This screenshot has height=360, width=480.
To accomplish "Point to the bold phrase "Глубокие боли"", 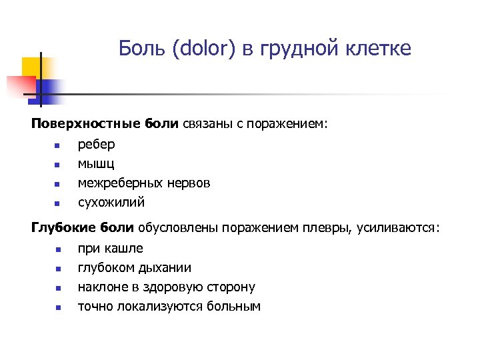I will (83, 229).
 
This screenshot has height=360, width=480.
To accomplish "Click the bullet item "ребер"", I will (96, 144).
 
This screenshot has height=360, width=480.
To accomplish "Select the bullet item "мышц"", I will (96, 163).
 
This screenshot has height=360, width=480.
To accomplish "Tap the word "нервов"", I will (189, 183).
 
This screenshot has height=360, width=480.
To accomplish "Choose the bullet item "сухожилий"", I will (111, 202).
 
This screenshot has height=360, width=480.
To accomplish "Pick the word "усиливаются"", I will (398, 229).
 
